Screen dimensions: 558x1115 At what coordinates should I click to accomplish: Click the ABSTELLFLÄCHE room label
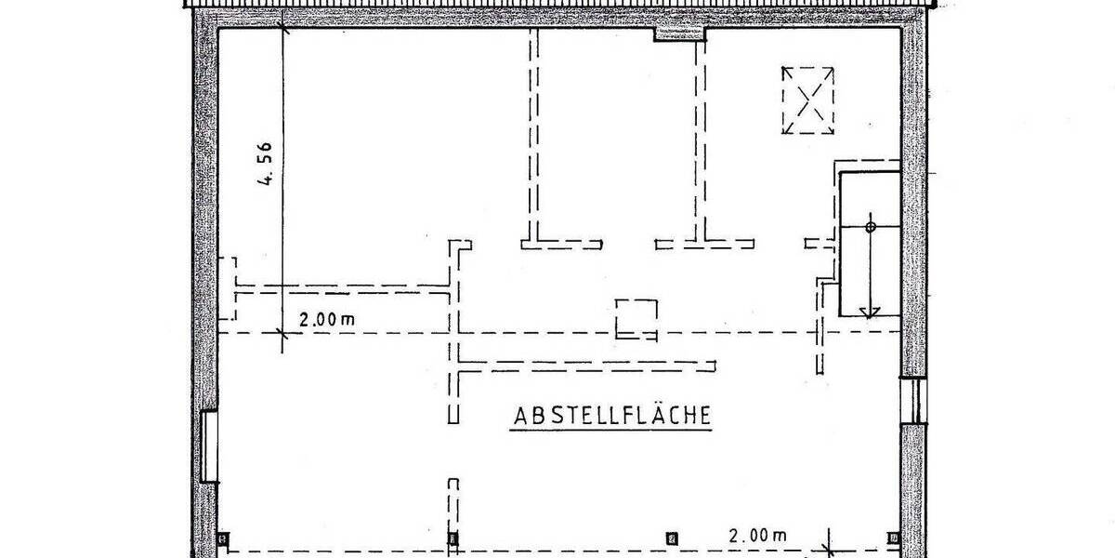(x=612, y=415)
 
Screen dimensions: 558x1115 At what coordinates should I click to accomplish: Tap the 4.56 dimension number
(x=267, y=165)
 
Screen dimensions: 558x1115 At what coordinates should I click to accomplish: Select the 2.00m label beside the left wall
(x=326, y=319)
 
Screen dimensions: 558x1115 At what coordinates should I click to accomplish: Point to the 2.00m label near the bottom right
(x=757, y=535)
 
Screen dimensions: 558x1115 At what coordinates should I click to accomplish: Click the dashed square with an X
(x=807, y=100)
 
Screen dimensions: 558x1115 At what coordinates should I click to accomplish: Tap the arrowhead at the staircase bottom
(x=870, y=312)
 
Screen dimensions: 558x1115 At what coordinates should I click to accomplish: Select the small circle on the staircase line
(x=871, y=226)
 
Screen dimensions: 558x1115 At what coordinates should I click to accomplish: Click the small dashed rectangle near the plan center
(x=637, y=319)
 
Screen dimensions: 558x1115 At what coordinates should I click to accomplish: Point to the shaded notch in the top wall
(x=680, y=34)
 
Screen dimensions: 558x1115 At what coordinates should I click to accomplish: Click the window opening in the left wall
(x=209, y=447)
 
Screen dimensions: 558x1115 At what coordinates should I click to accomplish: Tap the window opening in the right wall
(x=913, y=399)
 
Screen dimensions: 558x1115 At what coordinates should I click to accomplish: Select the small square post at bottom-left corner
(x=223, y=538)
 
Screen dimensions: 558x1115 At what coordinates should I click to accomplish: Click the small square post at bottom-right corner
(x=893, y=538)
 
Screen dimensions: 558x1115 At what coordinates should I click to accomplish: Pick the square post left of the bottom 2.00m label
(x=672, y=538)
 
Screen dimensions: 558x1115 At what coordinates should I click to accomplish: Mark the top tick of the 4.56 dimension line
(x=283, y=28)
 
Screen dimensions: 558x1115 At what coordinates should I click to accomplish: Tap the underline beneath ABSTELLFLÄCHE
(x=612, y=428)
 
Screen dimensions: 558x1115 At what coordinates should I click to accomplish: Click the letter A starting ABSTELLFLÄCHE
(x=521, y=415)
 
